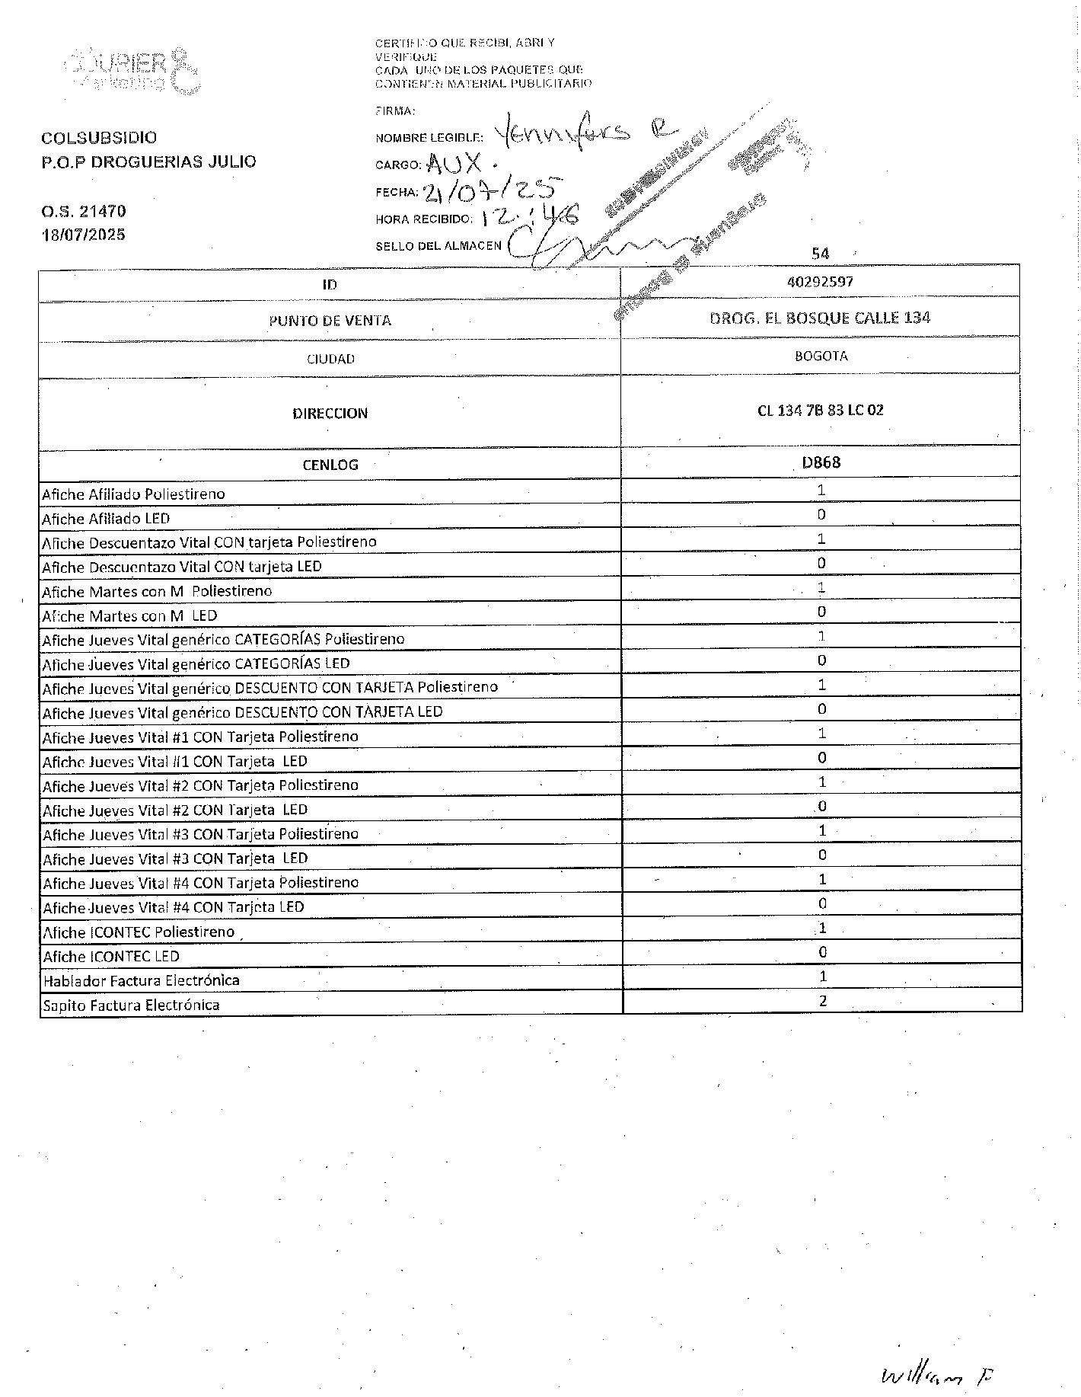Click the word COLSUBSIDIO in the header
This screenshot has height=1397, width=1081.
coord(99,138)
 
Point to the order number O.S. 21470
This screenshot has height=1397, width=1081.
coord(84,211)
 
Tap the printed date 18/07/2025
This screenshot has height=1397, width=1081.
coord(84,235)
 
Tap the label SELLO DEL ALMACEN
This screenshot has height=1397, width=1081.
coord(438,246)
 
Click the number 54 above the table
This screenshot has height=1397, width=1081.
coord(820,254)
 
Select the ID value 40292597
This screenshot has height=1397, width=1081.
coord(820,282)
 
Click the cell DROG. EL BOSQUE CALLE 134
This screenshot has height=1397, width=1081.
coord(820,318)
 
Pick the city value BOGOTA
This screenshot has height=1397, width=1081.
coord(820,356)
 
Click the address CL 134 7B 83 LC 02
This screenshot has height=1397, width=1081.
coord(820,411)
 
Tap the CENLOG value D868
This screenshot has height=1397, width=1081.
coord(821,462)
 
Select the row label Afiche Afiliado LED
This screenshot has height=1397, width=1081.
coord(106,519)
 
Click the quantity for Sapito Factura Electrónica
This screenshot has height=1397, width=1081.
coord(823,1001)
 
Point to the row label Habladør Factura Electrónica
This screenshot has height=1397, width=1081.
coord(141,980)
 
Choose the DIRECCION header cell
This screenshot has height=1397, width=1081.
coord(330,413)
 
